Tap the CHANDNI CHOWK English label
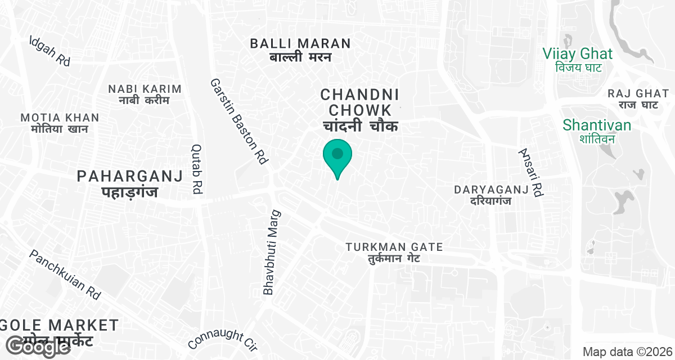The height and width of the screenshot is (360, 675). coord(359,102)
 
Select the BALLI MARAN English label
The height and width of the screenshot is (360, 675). coord(300,43)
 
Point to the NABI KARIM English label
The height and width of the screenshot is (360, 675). coord(145,89)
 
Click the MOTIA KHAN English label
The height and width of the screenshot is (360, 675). coord(60,118)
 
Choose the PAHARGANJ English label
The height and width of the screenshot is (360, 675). coord(130,177)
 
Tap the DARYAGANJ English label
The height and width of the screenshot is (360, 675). coord(492,190)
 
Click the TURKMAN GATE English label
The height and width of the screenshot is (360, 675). coord(394,247)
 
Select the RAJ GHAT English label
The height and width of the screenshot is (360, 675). coord(638,93)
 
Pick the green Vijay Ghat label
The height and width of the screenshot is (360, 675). coord(577,54)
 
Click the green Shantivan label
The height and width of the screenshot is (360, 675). coord(597,125)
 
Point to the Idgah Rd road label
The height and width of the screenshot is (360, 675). coord(50,51)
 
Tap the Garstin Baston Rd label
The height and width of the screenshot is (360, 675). coord(238,121)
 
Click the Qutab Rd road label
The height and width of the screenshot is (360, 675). coord(197,169)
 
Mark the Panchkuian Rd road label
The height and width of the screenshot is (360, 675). coord(65,274)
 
